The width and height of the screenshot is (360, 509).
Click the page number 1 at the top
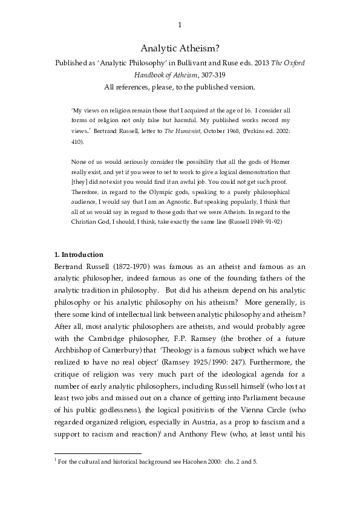tap(180, 25)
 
